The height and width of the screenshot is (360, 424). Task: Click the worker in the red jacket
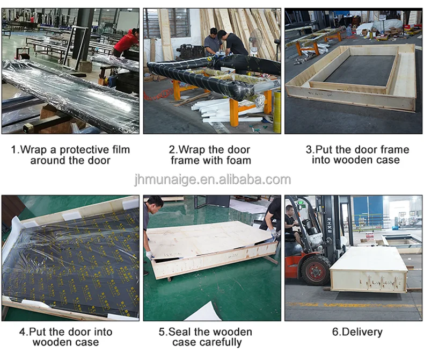coord(127,44)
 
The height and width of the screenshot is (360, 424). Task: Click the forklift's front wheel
coord(315,271)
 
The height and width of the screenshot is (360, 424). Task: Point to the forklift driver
coord(293,225)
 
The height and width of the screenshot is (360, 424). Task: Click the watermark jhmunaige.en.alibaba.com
coord(213,179)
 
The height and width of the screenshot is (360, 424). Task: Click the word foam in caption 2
coord(239,160)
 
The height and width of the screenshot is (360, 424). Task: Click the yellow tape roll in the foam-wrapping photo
coord(276,112)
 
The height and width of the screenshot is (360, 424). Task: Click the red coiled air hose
coord(158,95)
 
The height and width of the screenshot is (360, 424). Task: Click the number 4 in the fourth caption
coord(22,332)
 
